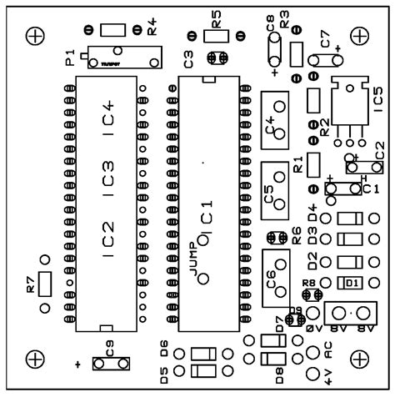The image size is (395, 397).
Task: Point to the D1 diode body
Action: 352,283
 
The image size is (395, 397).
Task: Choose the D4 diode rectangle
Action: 351,219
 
